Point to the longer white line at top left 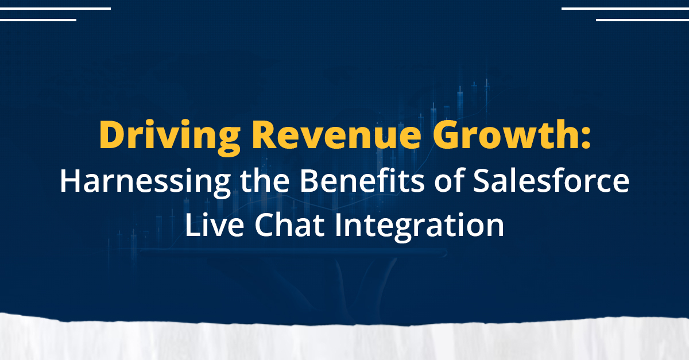(55, 9)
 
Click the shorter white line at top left (38, 20)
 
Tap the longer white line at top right (625, 9)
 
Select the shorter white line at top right (642, 20)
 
